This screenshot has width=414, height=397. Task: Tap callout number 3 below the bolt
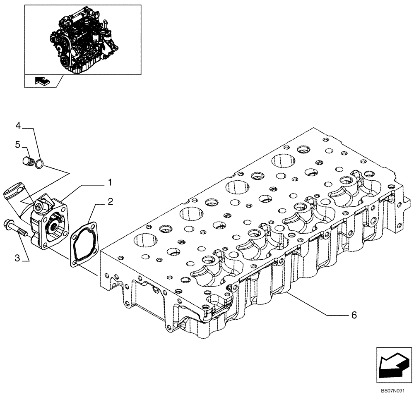tap(17, 258)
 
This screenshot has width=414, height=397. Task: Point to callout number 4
tap(18, 125)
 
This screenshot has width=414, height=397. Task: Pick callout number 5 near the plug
tap(18, 144)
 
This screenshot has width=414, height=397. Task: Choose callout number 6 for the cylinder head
tap(354, 315)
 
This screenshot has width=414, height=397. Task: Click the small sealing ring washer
tap(39, 164)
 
